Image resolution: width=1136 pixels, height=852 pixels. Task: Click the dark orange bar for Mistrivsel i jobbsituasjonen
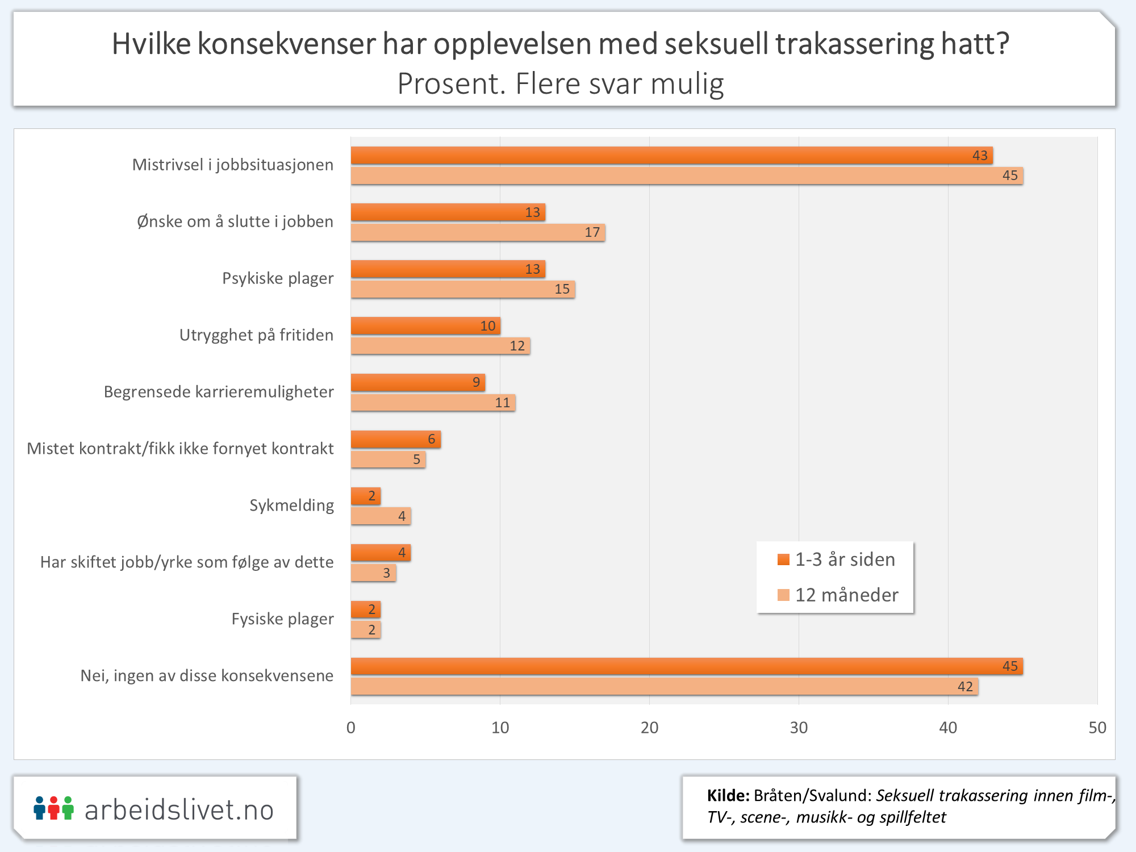click(671, 156)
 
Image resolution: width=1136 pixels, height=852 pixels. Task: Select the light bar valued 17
click(478, 232)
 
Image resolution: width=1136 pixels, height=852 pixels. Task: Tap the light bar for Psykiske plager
click(462, 289)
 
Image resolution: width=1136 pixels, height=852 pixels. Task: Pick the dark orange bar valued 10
click(425, 326)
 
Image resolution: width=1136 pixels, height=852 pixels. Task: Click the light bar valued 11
click(433, 403)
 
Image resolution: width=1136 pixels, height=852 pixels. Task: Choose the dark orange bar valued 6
click(395, 439)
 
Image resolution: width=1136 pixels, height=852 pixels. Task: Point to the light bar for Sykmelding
click(381, 516)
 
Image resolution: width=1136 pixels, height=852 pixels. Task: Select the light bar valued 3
click(373, 573)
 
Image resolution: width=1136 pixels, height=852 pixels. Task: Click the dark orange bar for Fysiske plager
click(366, 609)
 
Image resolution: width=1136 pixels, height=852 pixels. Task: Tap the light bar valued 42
click(664, 687)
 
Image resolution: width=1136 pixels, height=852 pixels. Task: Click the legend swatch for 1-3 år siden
click(783, 559)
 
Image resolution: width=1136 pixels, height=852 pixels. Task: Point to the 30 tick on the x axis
click(799, 728)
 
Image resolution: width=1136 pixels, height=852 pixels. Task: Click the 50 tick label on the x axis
click(1097, 728)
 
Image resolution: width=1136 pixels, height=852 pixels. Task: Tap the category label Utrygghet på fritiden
click(256, 335)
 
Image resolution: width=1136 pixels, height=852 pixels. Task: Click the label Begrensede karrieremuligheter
click(219, 392)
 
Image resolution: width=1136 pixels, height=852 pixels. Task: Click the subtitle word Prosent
click(451, 84)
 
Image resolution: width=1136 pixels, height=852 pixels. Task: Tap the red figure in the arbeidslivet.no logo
click(53, 808)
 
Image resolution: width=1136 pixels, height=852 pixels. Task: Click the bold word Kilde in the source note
click(728, 795)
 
